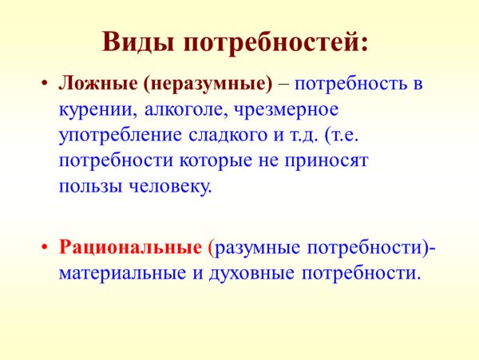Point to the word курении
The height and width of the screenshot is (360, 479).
click(x=91, y=109)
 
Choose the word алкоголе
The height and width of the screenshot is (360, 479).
click(x=176, y=109)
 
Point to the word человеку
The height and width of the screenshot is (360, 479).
click(x=169, y=186)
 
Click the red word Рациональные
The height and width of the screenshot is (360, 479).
click(x=130, y=247)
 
